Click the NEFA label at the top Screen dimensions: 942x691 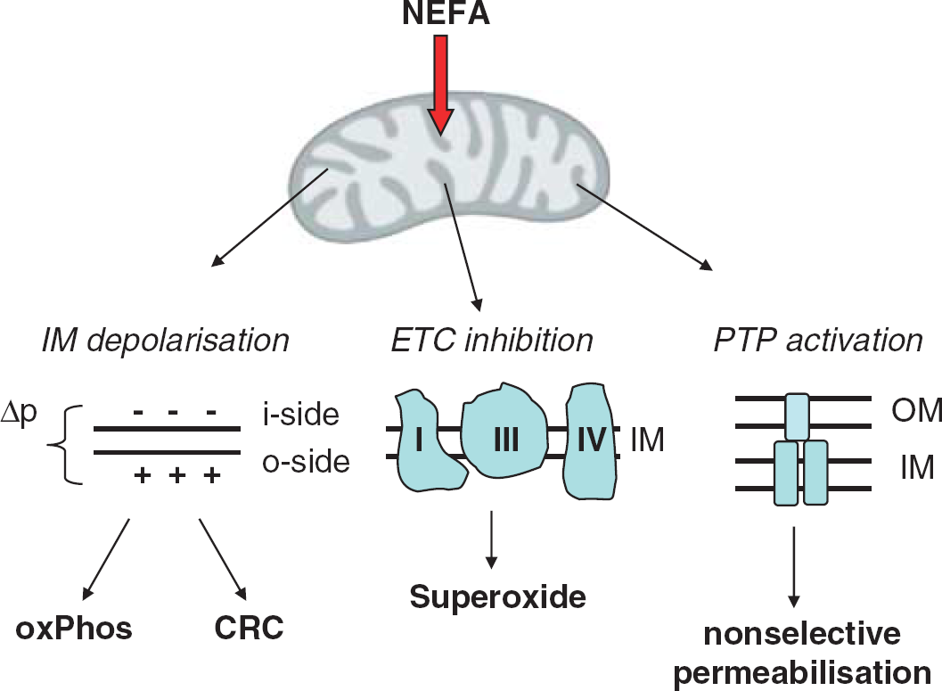point(446,13)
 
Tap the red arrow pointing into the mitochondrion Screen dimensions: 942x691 point(441,85)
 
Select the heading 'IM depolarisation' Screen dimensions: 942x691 point(165,340)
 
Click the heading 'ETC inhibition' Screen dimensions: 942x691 point(492,340)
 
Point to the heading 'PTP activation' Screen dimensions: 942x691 point(817,340)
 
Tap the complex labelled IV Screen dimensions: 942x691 point(591,441)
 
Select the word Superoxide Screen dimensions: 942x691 point(498,597)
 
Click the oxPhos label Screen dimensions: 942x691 point(74,629)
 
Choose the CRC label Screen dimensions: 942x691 point(249,628)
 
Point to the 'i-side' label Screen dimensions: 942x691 point(300,415)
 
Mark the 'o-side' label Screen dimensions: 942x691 point(306,462)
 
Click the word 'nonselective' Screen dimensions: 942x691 point(802,634)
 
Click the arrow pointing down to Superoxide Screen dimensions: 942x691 point(491,539)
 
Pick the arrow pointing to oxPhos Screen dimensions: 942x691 point(106,559)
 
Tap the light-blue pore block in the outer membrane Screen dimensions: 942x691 point(798,416)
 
